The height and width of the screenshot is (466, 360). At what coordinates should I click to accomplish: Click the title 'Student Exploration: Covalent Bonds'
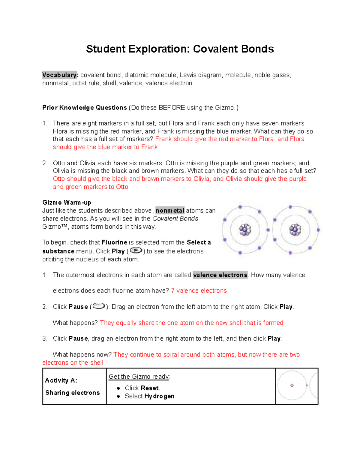[180, 49]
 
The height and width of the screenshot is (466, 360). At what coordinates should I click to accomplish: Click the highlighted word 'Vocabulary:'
[60, 75]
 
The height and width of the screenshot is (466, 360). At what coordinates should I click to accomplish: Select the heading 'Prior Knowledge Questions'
[85, 108]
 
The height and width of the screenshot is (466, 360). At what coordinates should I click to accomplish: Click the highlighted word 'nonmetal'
[170, 211]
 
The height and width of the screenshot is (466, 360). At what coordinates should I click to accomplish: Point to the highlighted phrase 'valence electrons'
[220, 275]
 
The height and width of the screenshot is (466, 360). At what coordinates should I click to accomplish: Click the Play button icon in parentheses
[136, 251]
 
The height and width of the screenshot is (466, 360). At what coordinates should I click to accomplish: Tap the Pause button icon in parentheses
[99, 306]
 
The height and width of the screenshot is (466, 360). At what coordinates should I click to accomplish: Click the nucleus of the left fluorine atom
[245, 230]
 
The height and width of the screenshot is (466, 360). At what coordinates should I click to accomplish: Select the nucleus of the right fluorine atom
[295, 230]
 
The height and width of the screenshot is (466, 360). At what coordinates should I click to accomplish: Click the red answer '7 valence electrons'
[199, 291]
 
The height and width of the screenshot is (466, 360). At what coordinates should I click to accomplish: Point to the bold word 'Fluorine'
[115, 242]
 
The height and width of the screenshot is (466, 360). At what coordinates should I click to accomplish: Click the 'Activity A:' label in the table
[61, 380]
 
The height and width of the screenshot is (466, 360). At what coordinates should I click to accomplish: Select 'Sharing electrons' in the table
[73, 393]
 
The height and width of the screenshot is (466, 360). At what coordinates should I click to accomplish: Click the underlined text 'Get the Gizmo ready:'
[139, 377]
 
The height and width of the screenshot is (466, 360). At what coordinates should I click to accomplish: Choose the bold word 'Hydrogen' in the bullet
[159, 396]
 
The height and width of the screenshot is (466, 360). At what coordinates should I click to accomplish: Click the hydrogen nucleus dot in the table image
[292, 385]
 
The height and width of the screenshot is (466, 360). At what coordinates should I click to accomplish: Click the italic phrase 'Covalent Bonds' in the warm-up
[175, 219]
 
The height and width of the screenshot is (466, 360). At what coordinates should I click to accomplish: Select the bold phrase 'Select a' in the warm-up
[199, 242]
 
